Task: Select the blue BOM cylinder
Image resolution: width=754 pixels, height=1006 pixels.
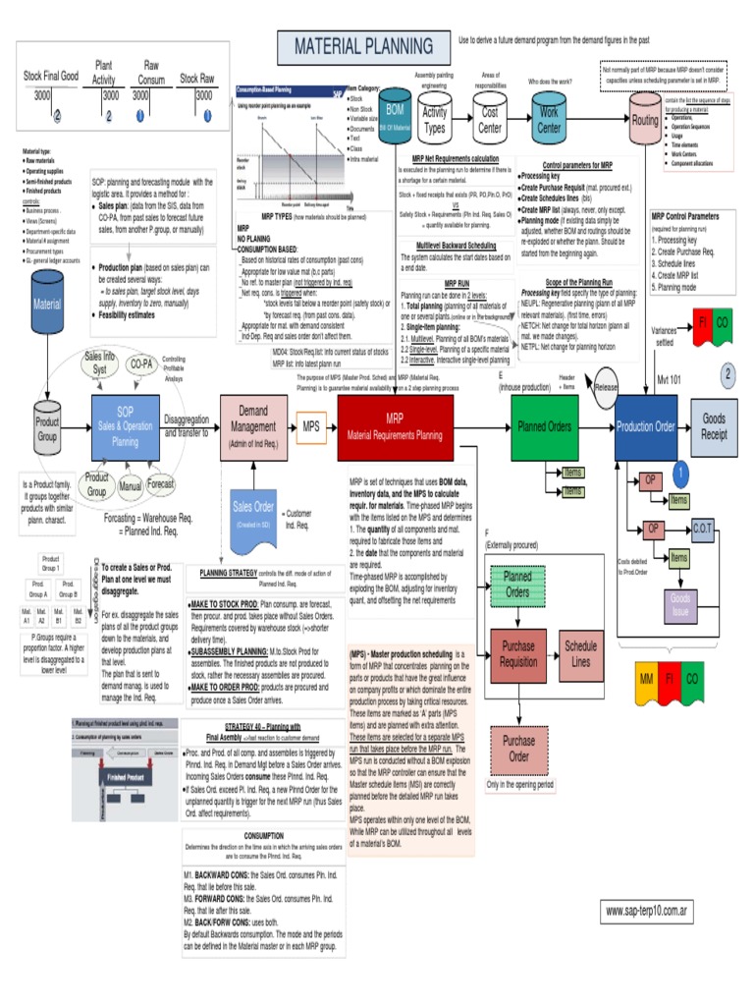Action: (395, 115)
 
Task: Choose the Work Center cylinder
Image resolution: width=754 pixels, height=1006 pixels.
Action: (549, 119)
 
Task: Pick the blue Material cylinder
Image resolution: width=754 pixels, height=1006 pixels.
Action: (47, 305)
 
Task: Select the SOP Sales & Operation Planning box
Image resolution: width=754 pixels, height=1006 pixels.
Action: (126, 427)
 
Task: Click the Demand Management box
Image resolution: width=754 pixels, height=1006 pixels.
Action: (253, 427)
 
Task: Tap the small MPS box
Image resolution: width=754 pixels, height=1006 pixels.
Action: (312, 427)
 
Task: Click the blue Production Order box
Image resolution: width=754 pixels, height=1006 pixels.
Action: (645, 426)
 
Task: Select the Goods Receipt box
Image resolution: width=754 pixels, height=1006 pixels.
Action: (714, 426)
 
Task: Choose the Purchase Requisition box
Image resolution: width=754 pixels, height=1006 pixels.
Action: (518, 654)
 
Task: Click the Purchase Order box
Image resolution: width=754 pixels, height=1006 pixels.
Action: (518, 749)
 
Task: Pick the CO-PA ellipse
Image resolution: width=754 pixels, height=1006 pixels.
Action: (141, 364)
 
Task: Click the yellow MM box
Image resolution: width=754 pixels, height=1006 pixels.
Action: (646, 680)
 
